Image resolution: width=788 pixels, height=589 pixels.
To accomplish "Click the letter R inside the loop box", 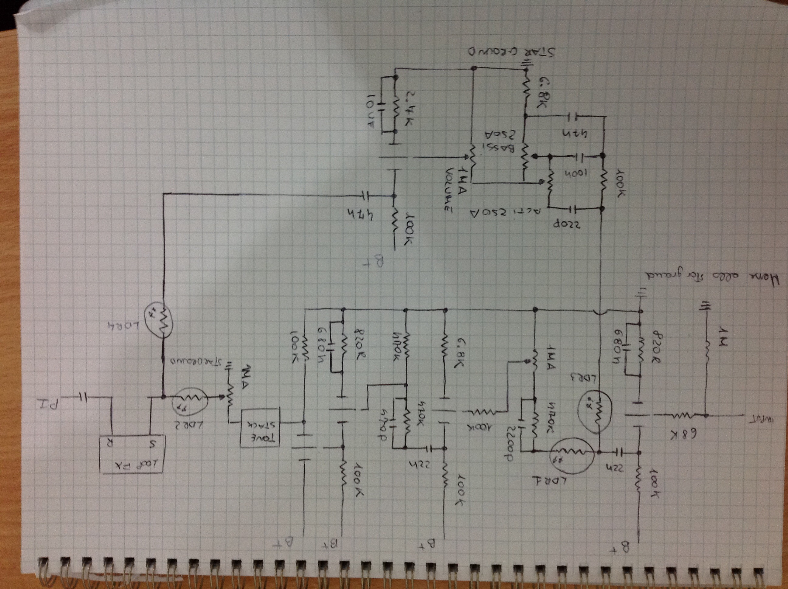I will [106, 444].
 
